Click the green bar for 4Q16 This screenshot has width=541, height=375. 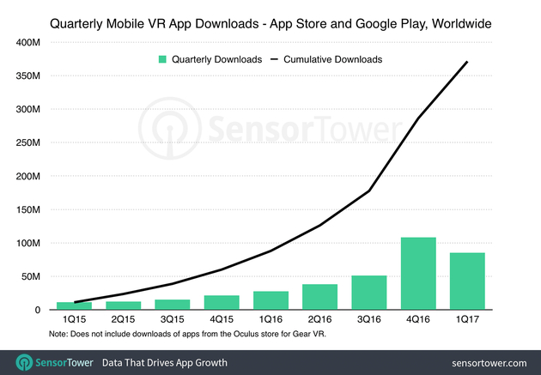point(417,273)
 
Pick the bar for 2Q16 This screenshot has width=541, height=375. point(319,296)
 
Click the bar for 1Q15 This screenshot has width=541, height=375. point(74,305)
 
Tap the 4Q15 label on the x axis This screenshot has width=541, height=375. point(221,318)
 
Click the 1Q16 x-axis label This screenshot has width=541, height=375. point(270,318)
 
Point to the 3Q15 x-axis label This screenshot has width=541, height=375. point(172,318)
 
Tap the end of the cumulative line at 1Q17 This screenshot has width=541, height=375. point(467,61)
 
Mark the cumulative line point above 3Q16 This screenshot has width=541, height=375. point(368,191)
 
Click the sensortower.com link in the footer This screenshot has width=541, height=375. point(486,361)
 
